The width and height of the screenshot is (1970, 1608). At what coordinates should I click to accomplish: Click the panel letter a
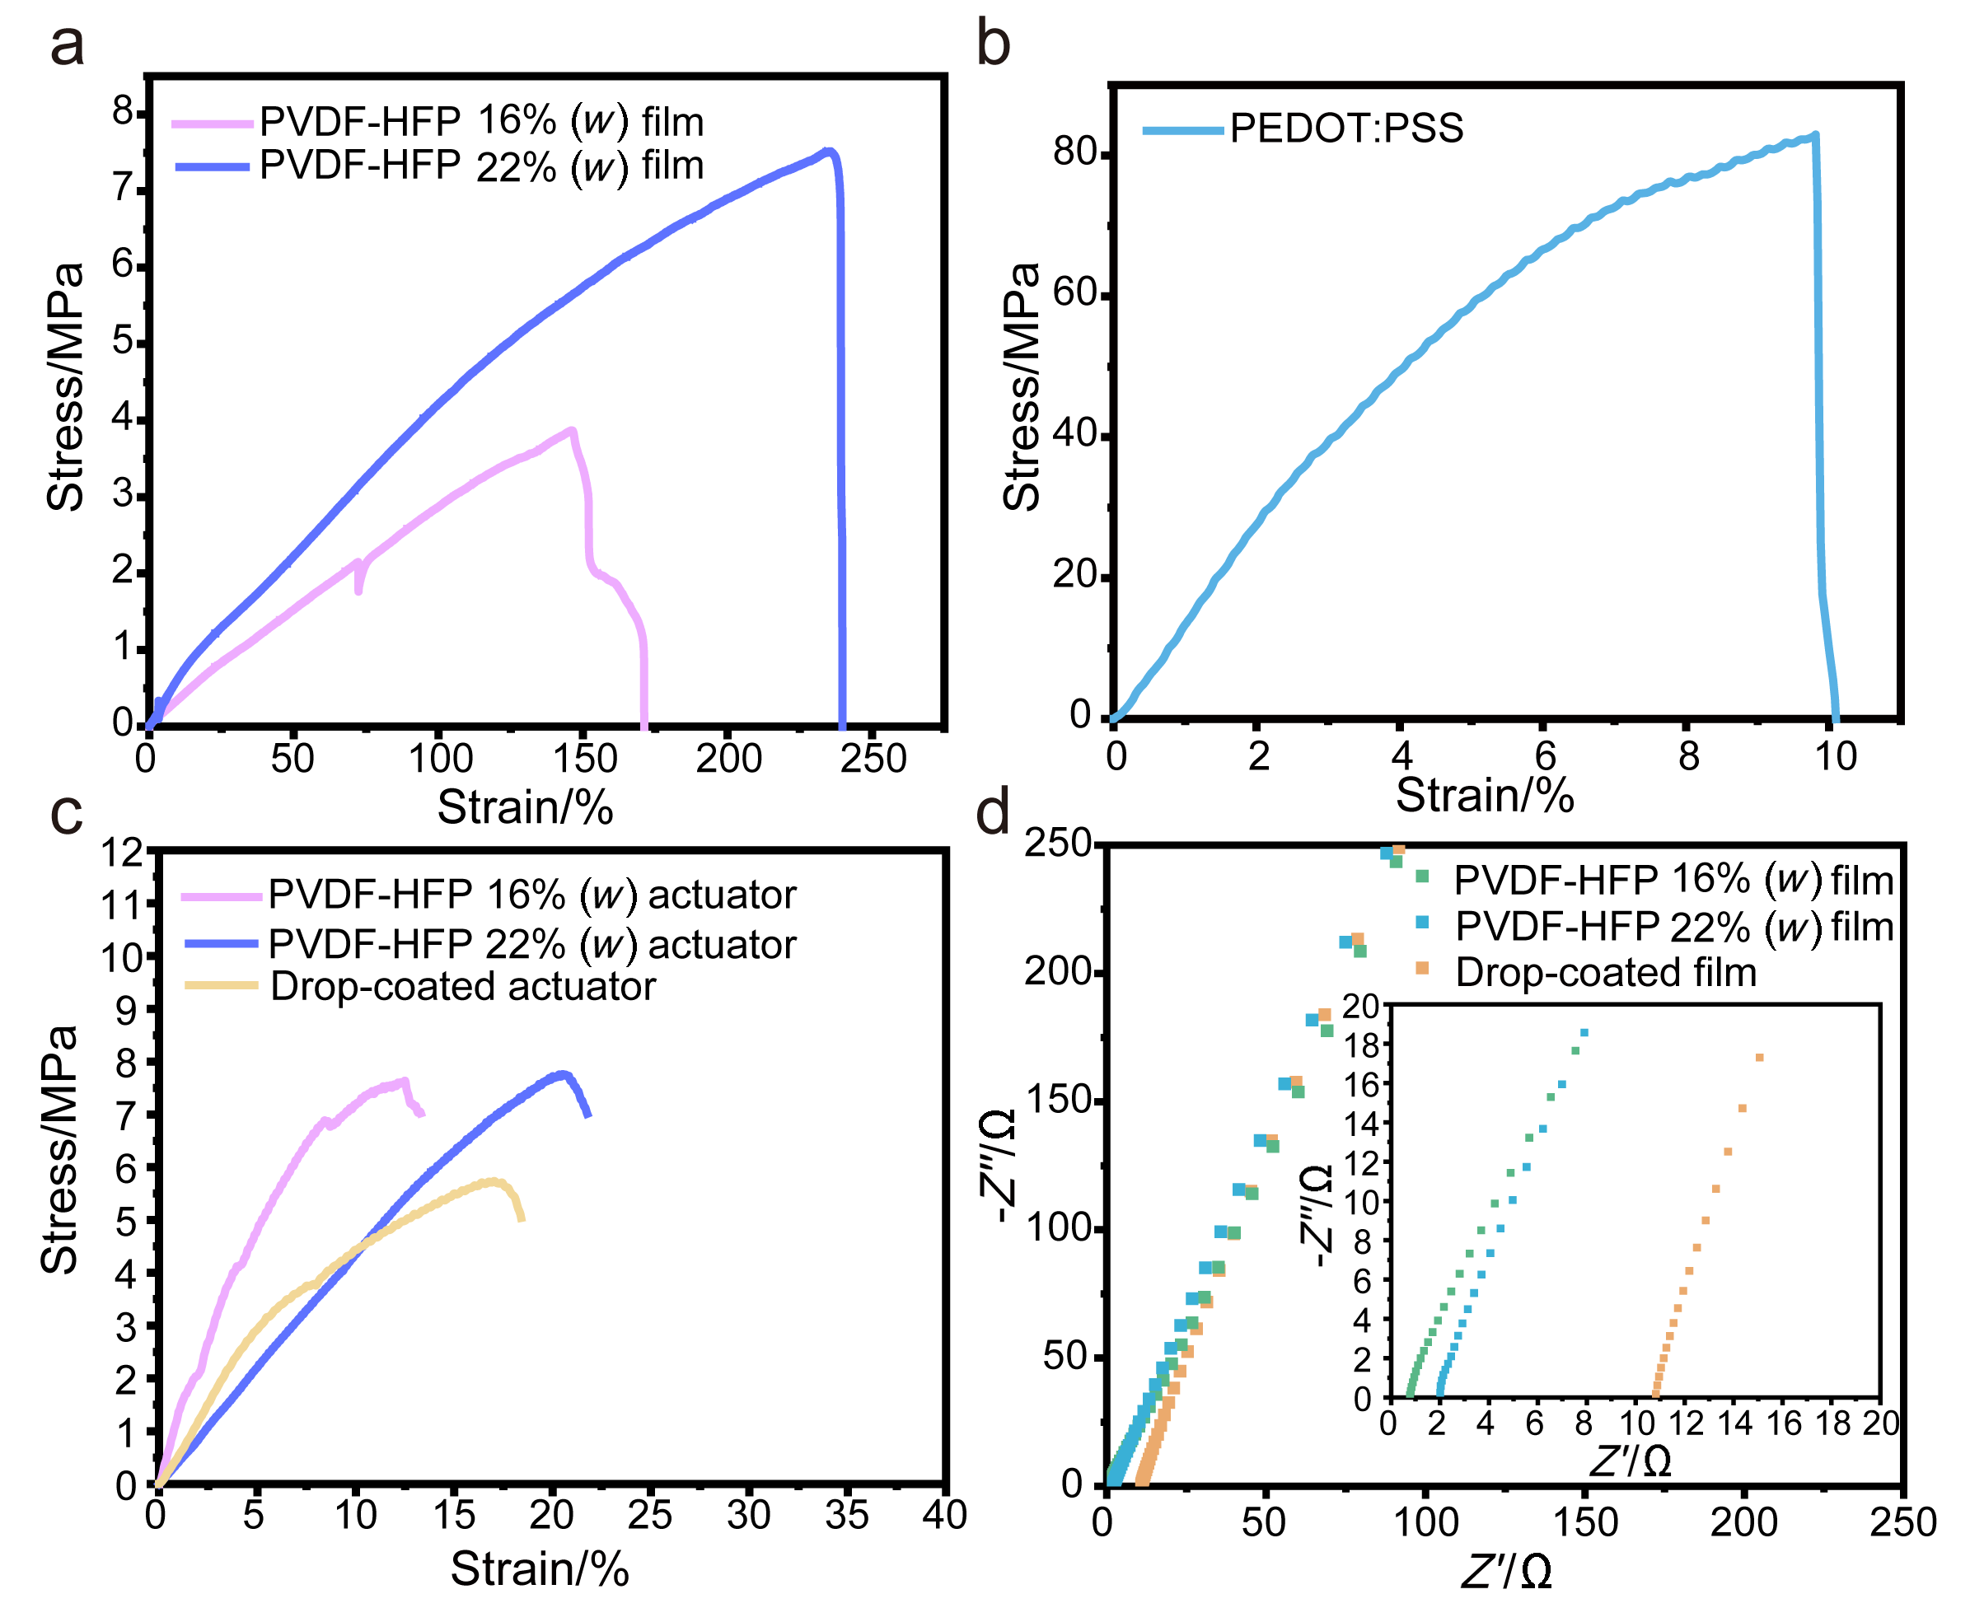(x=67, y=44)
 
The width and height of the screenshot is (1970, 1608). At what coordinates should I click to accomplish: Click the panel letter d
(x=993, y=813)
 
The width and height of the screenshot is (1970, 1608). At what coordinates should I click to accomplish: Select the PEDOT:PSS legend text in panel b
(x=1345, y=128)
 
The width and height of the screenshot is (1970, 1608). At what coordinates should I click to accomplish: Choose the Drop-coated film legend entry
(x=1605, y=972)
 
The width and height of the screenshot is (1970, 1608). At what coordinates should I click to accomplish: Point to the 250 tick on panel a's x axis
(x=873, y=759)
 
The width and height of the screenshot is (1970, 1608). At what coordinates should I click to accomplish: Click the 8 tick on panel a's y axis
(x=124, y=112)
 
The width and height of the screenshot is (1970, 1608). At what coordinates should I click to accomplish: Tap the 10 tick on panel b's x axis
(x=1835, y=757)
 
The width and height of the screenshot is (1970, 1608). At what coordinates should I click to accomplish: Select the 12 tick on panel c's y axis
(x=121, y=852)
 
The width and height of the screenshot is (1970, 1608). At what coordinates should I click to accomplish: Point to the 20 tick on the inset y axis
(x=1360, y=1006)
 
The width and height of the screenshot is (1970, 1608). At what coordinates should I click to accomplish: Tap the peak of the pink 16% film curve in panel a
(x=573, y=430)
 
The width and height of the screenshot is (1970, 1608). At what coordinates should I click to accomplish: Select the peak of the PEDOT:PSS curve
(x=1814, y=136)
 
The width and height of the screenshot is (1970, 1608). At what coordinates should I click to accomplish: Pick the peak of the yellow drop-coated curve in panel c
(x=495, y=1181)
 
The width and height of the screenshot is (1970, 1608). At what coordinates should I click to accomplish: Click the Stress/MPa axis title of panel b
(x=1022, y=386)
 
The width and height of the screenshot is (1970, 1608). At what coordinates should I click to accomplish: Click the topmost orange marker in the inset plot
(x=1759, y=1058)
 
